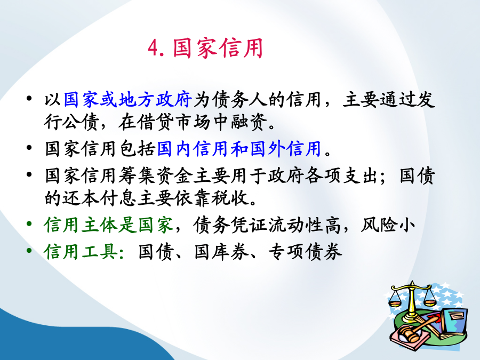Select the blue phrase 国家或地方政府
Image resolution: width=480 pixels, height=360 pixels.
[128, 100]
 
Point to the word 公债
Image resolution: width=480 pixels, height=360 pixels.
[80, 122]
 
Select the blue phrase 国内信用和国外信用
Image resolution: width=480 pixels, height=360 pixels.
[239, 149]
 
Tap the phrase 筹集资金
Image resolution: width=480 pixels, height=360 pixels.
[156, 175]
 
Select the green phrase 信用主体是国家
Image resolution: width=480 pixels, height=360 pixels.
[109, 225]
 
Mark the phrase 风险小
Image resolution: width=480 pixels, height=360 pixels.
[388, 225]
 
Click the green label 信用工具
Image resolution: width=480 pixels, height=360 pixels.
[81, 252]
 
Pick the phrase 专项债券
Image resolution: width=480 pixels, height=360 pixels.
[305, 252]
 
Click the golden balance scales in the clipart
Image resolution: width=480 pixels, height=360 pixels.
[412, 301]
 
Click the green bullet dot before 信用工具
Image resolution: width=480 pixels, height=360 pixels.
[29, 251]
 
